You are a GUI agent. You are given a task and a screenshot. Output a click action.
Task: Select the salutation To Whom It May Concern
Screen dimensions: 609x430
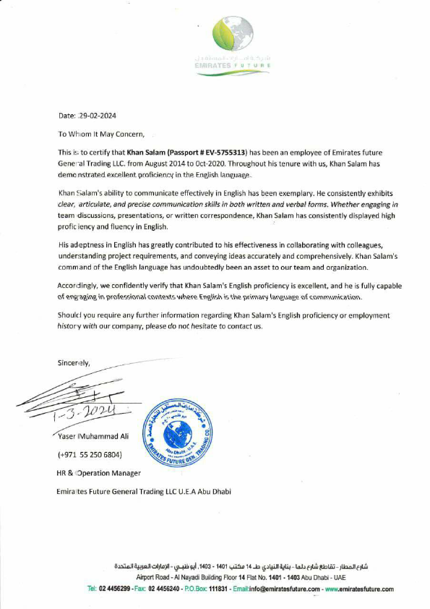pos(101,134)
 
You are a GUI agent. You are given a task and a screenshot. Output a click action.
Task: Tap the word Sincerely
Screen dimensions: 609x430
pos(74,364)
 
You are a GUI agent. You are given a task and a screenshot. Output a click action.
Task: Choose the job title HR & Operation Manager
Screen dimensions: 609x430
pos(98,473)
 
